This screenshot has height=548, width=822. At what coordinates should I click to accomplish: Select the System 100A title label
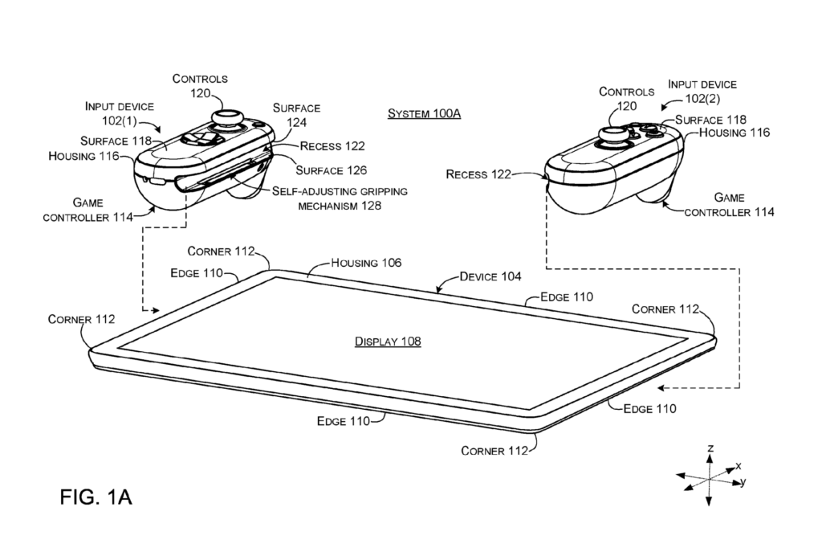pyautogui.click(x=425, y=113)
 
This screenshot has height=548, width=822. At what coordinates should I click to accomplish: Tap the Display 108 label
pyautogui.click(x=388, y=341)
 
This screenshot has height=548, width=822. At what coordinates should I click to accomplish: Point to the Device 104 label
pyautogui.click(x=490, y=276)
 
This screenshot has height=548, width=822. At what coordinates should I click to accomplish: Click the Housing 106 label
pyautogui.click(x=366, y=263)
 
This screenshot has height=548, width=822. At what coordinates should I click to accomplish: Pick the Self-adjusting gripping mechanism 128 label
pyautogui.click(x=340, y=198)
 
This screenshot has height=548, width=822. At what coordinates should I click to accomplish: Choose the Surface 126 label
pyautogui.click(x=331, y=170)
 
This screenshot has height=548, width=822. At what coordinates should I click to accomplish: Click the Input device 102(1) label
pyautogui.click(x=120, y=112)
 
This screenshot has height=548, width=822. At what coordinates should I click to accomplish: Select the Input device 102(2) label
pyautogui.click(x=702, y=91)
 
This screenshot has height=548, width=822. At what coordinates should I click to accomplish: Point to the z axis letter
pyautogui.click(x=710, y=448)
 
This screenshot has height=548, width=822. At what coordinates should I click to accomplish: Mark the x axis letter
pyautogui.click(x=738, y=465)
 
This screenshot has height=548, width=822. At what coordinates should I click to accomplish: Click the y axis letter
pyautogui.click(x=743, y=481)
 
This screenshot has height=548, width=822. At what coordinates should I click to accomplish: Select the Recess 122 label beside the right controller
pyautogui.click(x=478, y=174)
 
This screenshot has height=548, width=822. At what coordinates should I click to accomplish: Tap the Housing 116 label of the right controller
pyautogui.click(x=734, y=133)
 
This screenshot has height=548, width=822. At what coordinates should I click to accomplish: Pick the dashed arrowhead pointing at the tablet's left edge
pyautogui.click(x=153, y=309)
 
